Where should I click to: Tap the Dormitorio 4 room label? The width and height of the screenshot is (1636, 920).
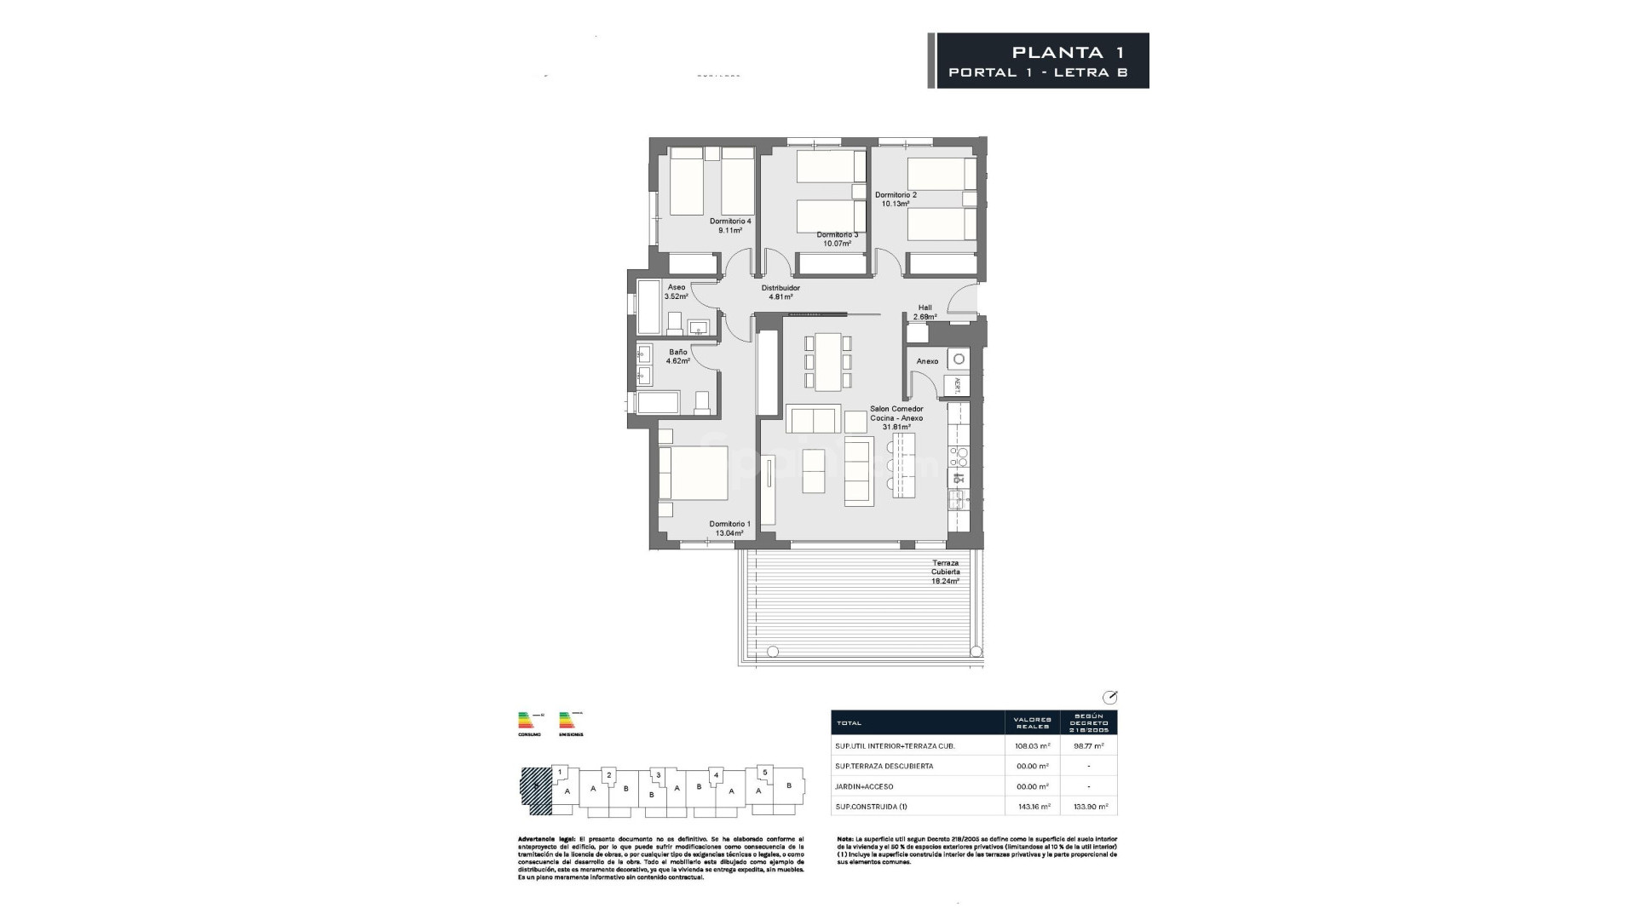point(730,221)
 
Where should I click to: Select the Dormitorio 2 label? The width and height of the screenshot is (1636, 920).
point(896,195)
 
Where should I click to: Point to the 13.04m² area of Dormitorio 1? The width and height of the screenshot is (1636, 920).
point(729,533)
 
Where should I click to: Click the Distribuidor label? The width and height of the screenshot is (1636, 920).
point(781,288)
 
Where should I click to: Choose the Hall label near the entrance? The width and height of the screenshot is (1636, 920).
point(925,308)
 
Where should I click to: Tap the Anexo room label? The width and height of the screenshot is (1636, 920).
point(927,361)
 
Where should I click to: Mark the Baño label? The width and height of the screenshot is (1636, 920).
point(678,352)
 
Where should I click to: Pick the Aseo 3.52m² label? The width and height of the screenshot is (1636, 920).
point(677,291)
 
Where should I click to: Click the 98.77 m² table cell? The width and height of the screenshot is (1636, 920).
point(1088,745)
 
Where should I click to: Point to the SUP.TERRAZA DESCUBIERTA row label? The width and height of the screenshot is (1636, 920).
point(884,766)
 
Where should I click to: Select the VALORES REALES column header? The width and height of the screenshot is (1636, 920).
point(1032,722)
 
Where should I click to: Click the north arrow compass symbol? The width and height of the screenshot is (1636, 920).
point(1109,697)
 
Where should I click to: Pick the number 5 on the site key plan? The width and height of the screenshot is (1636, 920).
point(764,772)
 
